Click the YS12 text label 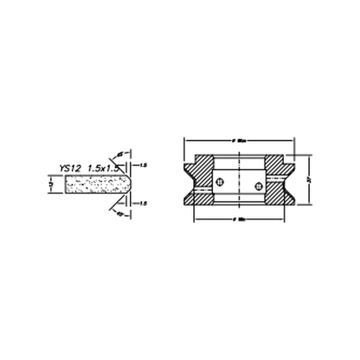coord(70,168)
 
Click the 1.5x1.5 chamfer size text coord(103,168)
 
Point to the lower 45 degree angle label coord(119,213)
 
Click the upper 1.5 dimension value coord(143,165)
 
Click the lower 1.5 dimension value coord(143,203)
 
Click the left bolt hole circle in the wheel coord(220,182)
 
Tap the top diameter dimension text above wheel coord(239,141)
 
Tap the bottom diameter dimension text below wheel coord(239,220)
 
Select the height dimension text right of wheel coord(309,180)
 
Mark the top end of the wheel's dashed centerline coord(239,152)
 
